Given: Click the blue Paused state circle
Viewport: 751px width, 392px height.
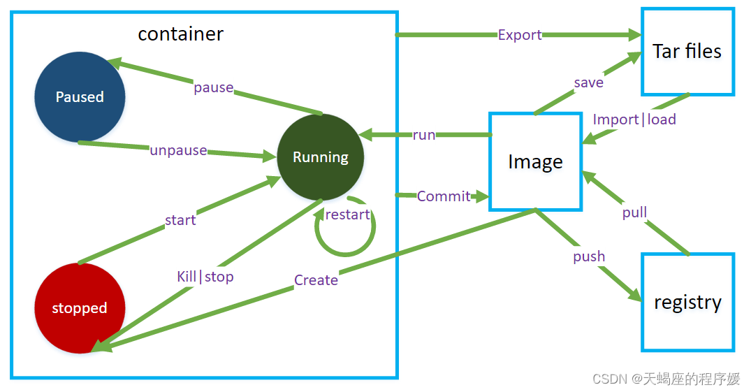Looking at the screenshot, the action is (x=80, y=97).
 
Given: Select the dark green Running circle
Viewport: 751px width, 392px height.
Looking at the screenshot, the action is (x=321, y=157).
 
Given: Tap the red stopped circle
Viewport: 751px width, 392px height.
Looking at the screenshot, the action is (x=80, y=307).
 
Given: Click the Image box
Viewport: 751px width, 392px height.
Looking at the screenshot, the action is (x=535, y=162).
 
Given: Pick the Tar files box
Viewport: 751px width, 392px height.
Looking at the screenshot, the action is (x=688, y=51).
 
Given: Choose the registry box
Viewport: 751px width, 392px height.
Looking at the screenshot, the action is (x=688, y=303).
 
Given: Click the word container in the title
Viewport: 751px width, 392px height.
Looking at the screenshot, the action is (x=180, y=34).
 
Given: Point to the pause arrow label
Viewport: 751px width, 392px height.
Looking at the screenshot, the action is (x=214, y=88).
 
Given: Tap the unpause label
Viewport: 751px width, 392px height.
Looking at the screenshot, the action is (x=179, y=150).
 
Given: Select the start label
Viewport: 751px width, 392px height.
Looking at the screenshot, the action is (x=180, y=220).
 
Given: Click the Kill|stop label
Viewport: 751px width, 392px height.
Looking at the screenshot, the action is (x=205, y=277).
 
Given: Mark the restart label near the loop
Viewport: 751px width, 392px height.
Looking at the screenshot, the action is (x=348, y=215).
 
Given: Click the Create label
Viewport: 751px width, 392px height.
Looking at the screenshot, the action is (x=316, y=280).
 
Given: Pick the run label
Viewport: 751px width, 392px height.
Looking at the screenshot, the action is (x=424, y=135).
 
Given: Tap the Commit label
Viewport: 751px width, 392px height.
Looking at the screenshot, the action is (x=444, y=196).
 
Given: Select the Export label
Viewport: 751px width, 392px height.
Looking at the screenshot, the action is (x=520, y=35).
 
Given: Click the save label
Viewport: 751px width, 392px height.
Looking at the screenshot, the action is (x=589, y=82).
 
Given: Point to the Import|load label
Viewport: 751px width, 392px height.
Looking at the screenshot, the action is (x=634, y=119).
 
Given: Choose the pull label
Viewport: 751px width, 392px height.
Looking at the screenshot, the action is (x=634, y=212).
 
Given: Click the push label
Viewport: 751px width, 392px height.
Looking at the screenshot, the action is (x=589, y=256).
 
